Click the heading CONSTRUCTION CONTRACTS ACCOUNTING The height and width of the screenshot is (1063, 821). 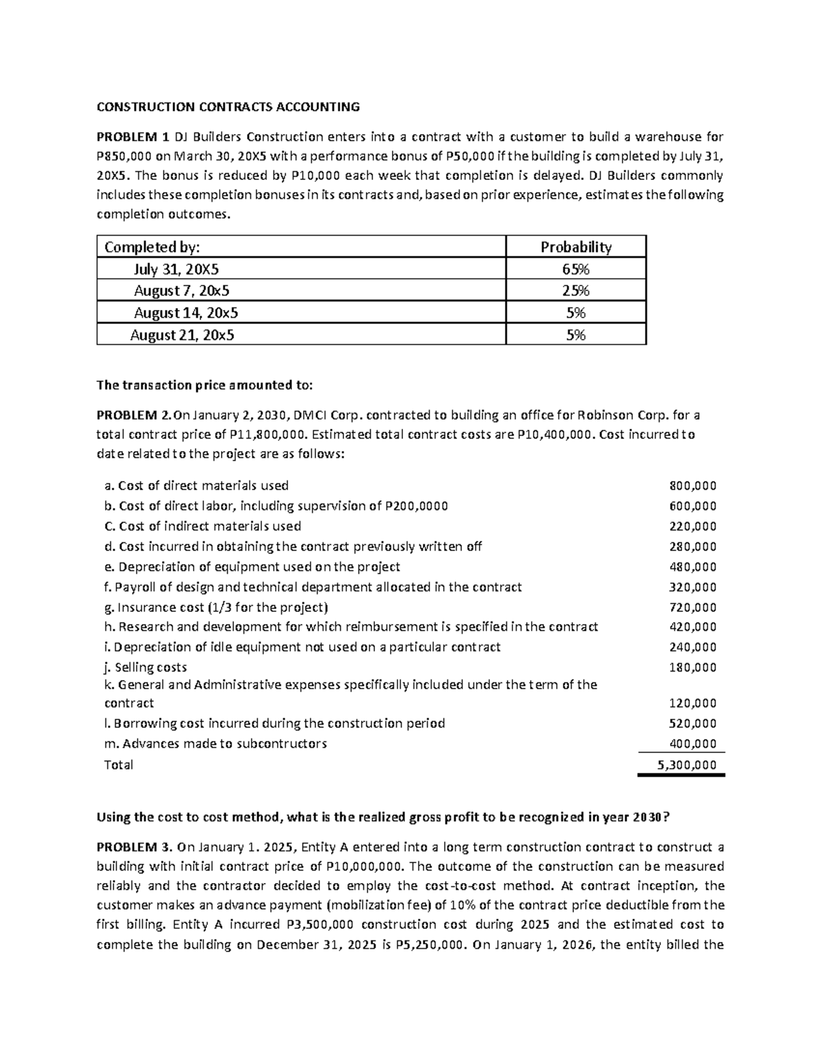tap(228, 106)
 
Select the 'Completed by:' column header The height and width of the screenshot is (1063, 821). tap(153, 246)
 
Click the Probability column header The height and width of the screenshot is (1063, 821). tap(575, 246)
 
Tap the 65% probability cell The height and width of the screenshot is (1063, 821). tap(575, 268)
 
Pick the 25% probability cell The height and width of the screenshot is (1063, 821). tap(575, 290)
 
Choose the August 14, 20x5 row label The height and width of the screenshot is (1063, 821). tap(186, 313)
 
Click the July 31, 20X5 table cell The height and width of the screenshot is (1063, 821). tap(177, 268)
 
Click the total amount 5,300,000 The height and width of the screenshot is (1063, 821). tap(687, 765)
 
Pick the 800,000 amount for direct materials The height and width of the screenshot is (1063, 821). tap(692, 486)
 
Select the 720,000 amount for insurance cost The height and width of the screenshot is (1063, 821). tap(692, 607)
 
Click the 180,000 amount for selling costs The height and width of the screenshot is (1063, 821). tap(692, 667)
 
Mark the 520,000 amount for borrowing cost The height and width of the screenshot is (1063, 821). tap(692, 723)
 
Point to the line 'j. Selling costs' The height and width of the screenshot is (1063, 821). tap(145, 667)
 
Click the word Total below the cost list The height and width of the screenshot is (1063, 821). tap(118, 765)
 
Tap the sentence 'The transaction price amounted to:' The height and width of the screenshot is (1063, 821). tap(205, 385)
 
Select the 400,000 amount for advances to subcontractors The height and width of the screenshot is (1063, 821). tap(692, 743)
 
